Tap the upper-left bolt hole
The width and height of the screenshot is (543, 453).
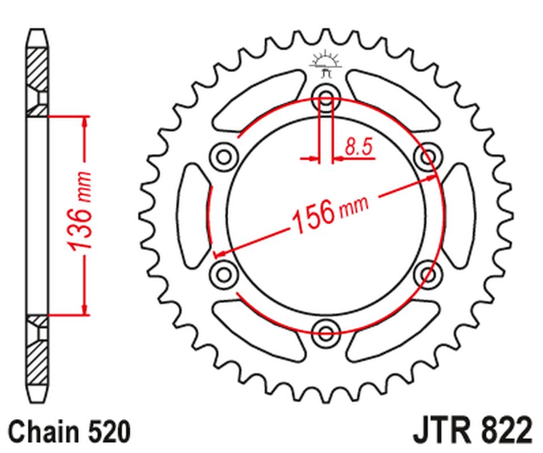(x=223, y=155)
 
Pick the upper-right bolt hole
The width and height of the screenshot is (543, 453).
(x=429, y=155)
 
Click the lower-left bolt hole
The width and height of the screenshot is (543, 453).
(x=223, y=273)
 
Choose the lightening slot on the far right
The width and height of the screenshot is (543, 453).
(x=459, y=214)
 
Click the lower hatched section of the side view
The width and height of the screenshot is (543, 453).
(x=37, y=357)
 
